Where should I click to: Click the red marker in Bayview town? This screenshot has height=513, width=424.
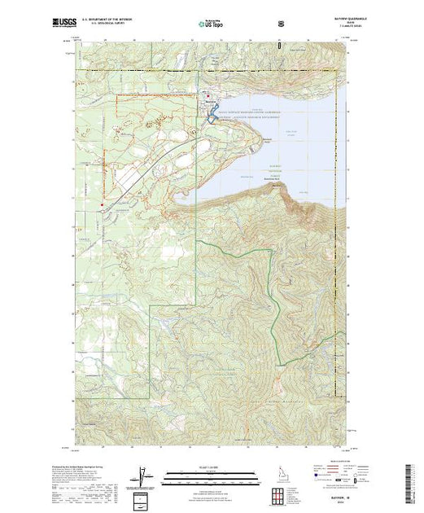[x=209, y=99]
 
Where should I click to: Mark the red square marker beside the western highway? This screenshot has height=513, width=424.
[x=100, y=204]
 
